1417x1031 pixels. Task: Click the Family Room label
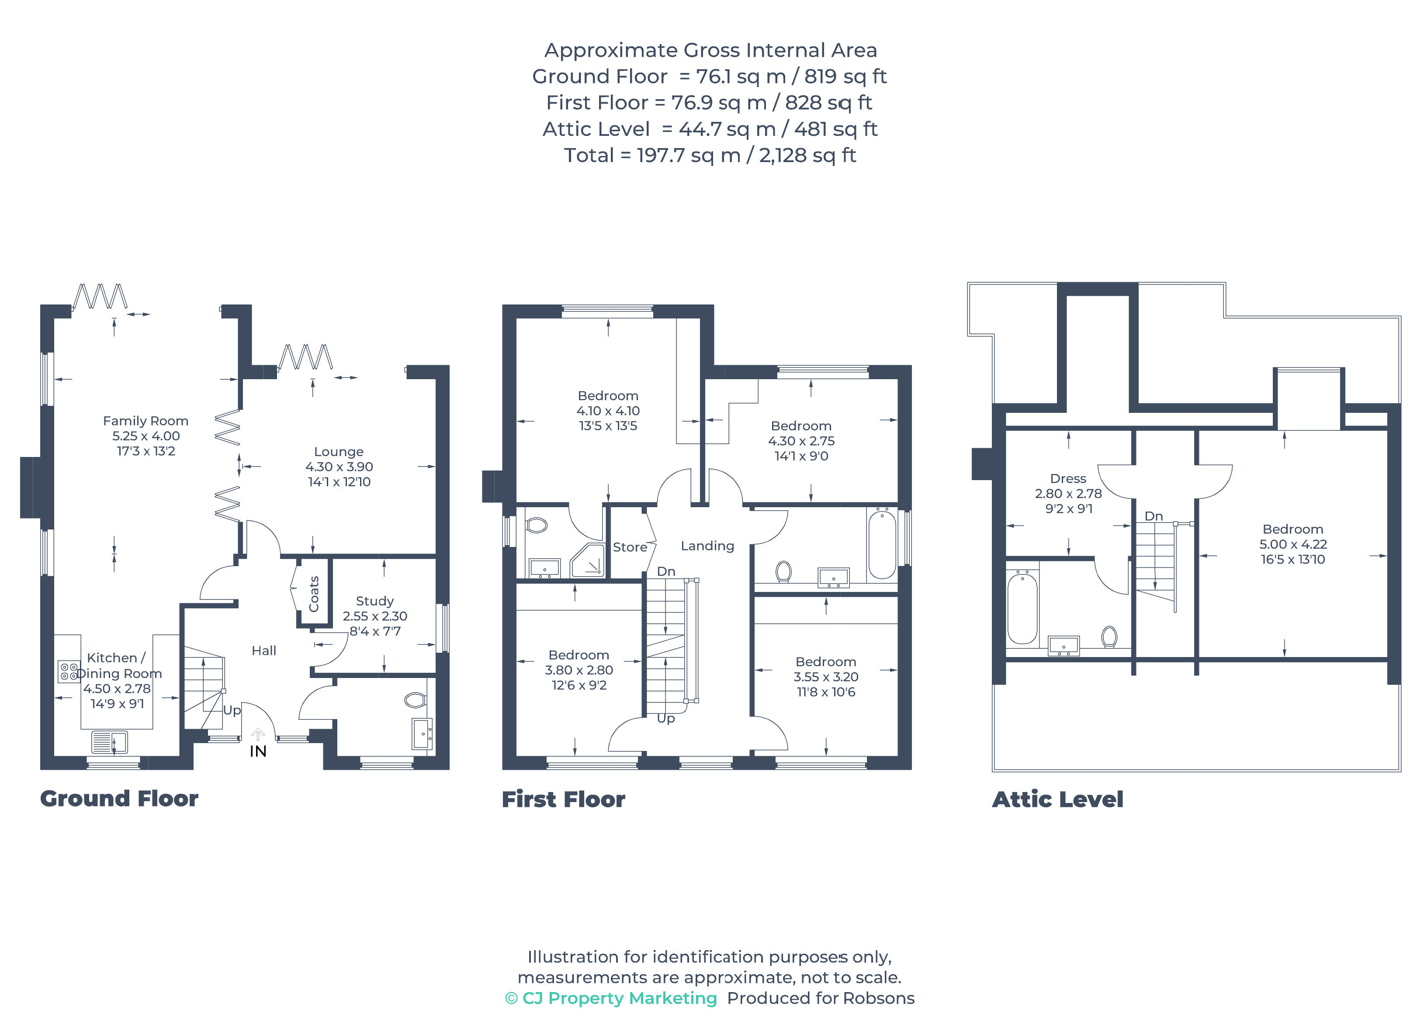click(x=146, y=421)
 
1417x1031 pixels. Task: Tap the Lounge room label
click(x=339, y=452)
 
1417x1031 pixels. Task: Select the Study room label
click(x=375, y=601)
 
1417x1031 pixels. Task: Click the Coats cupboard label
click(x=314, y=594)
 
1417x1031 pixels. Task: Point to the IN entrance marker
click(x=258, y=751)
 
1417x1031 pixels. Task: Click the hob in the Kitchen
click(x=69, y=672)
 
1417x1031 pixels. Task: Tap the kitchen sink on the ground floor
click(x=110, y=742)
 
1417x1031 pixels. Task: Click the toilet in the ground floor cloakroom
click(x=416, y=700)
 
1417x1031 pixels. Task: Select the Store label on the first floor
click(x=630, y=547)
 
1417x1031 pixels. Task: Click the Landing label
click(x=707, y=546)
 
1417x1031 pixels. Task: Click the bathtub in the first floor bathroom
click(x=882, y=543)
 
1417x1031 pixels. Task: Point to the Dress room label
click(x=1068, y=479)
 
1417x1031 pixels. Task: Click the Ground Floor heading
click(x=119, y=799)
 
